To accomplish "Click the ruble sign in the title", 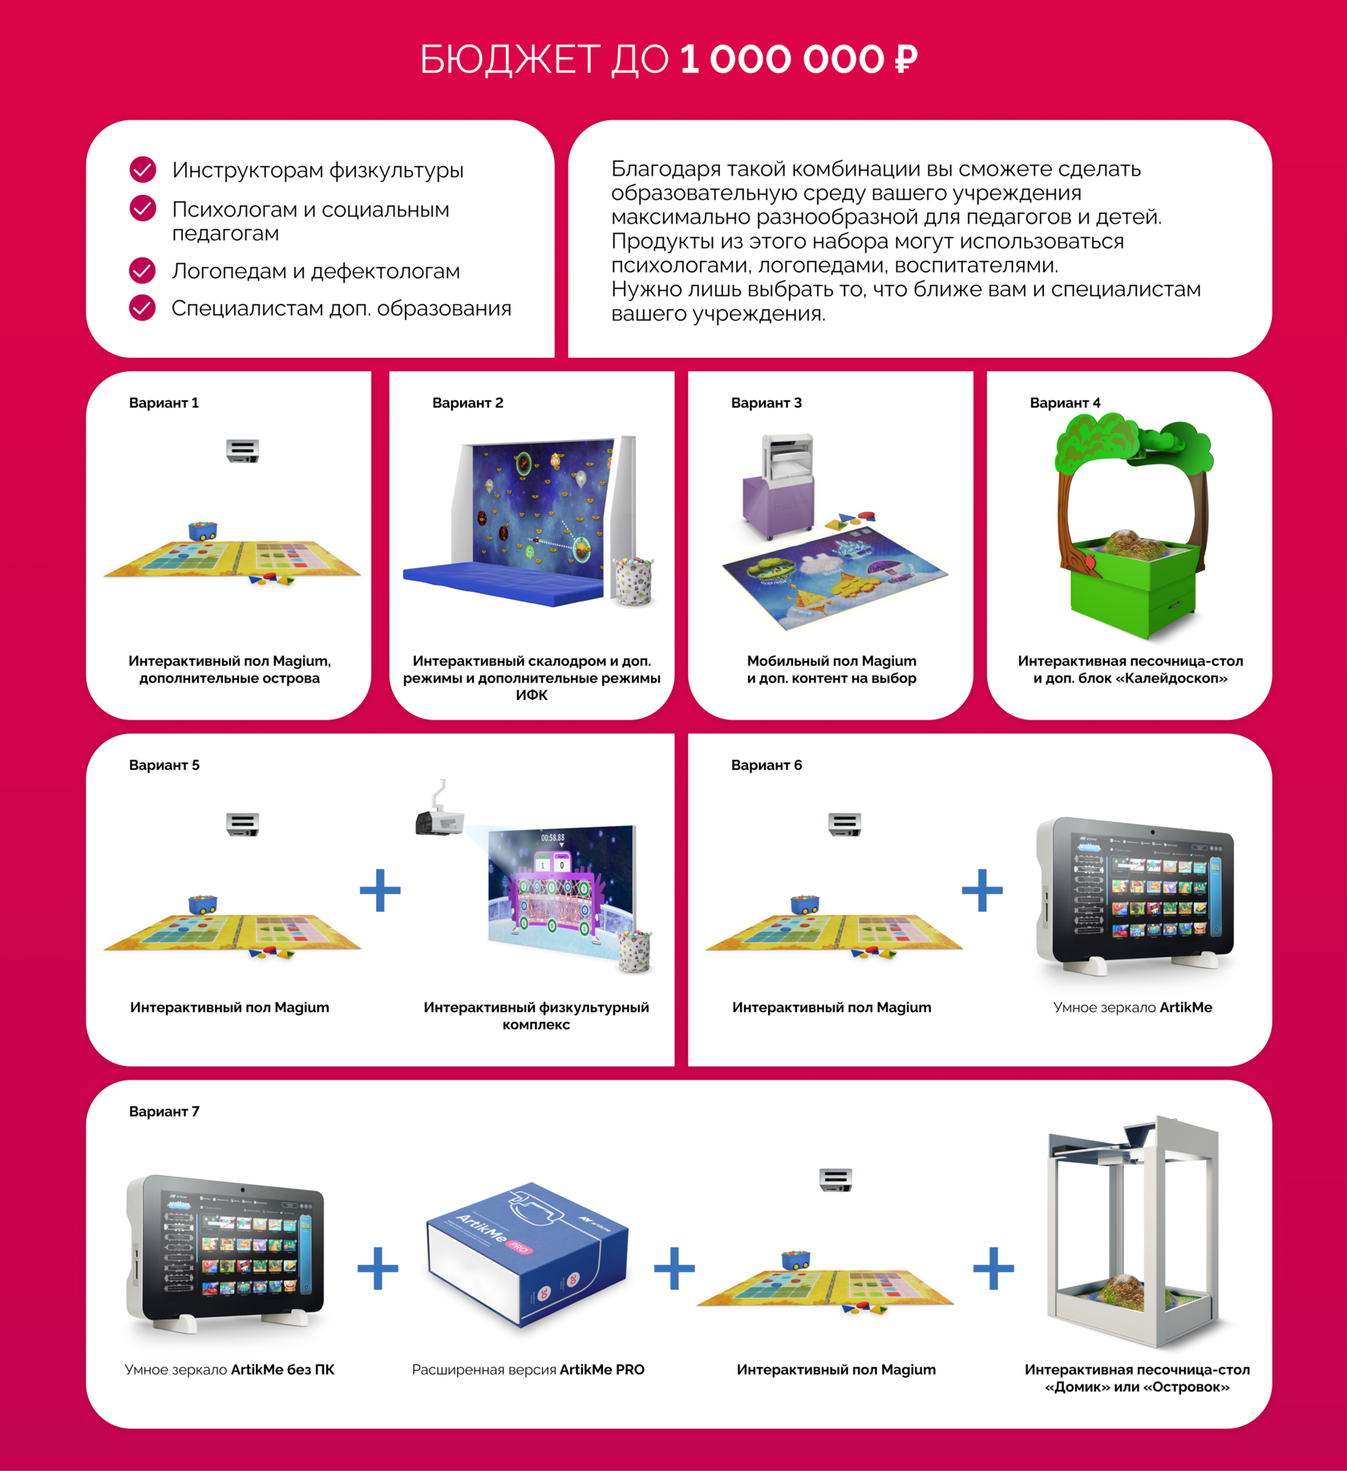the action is point(905,59).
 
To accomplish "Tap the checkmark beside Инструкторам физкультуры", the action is point(143,169).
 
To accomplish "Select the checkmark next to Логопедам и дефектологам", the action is point(143,270).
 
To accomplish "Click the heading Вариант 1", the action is point(164,403).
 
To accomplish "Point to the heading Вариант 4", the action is point(1065,403).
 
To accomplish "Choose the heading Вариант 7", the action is point(164,1112).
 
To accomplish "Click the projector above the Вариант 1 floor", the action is point(242,450).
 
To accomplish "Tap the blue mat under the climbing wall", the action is point(501,581).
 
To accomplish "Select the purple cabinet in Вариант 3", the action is point(777,505).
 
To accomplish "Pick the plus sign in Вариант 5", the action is point(380,890).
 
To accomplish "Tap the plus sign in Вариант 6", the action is point(982,890).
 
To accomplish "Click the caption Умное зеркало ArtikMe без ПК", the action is point(229,1370).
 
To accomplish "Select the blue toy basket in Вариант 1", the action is point(202,529).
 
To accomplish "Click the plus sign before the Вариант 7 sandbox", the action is point(993,1268).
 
